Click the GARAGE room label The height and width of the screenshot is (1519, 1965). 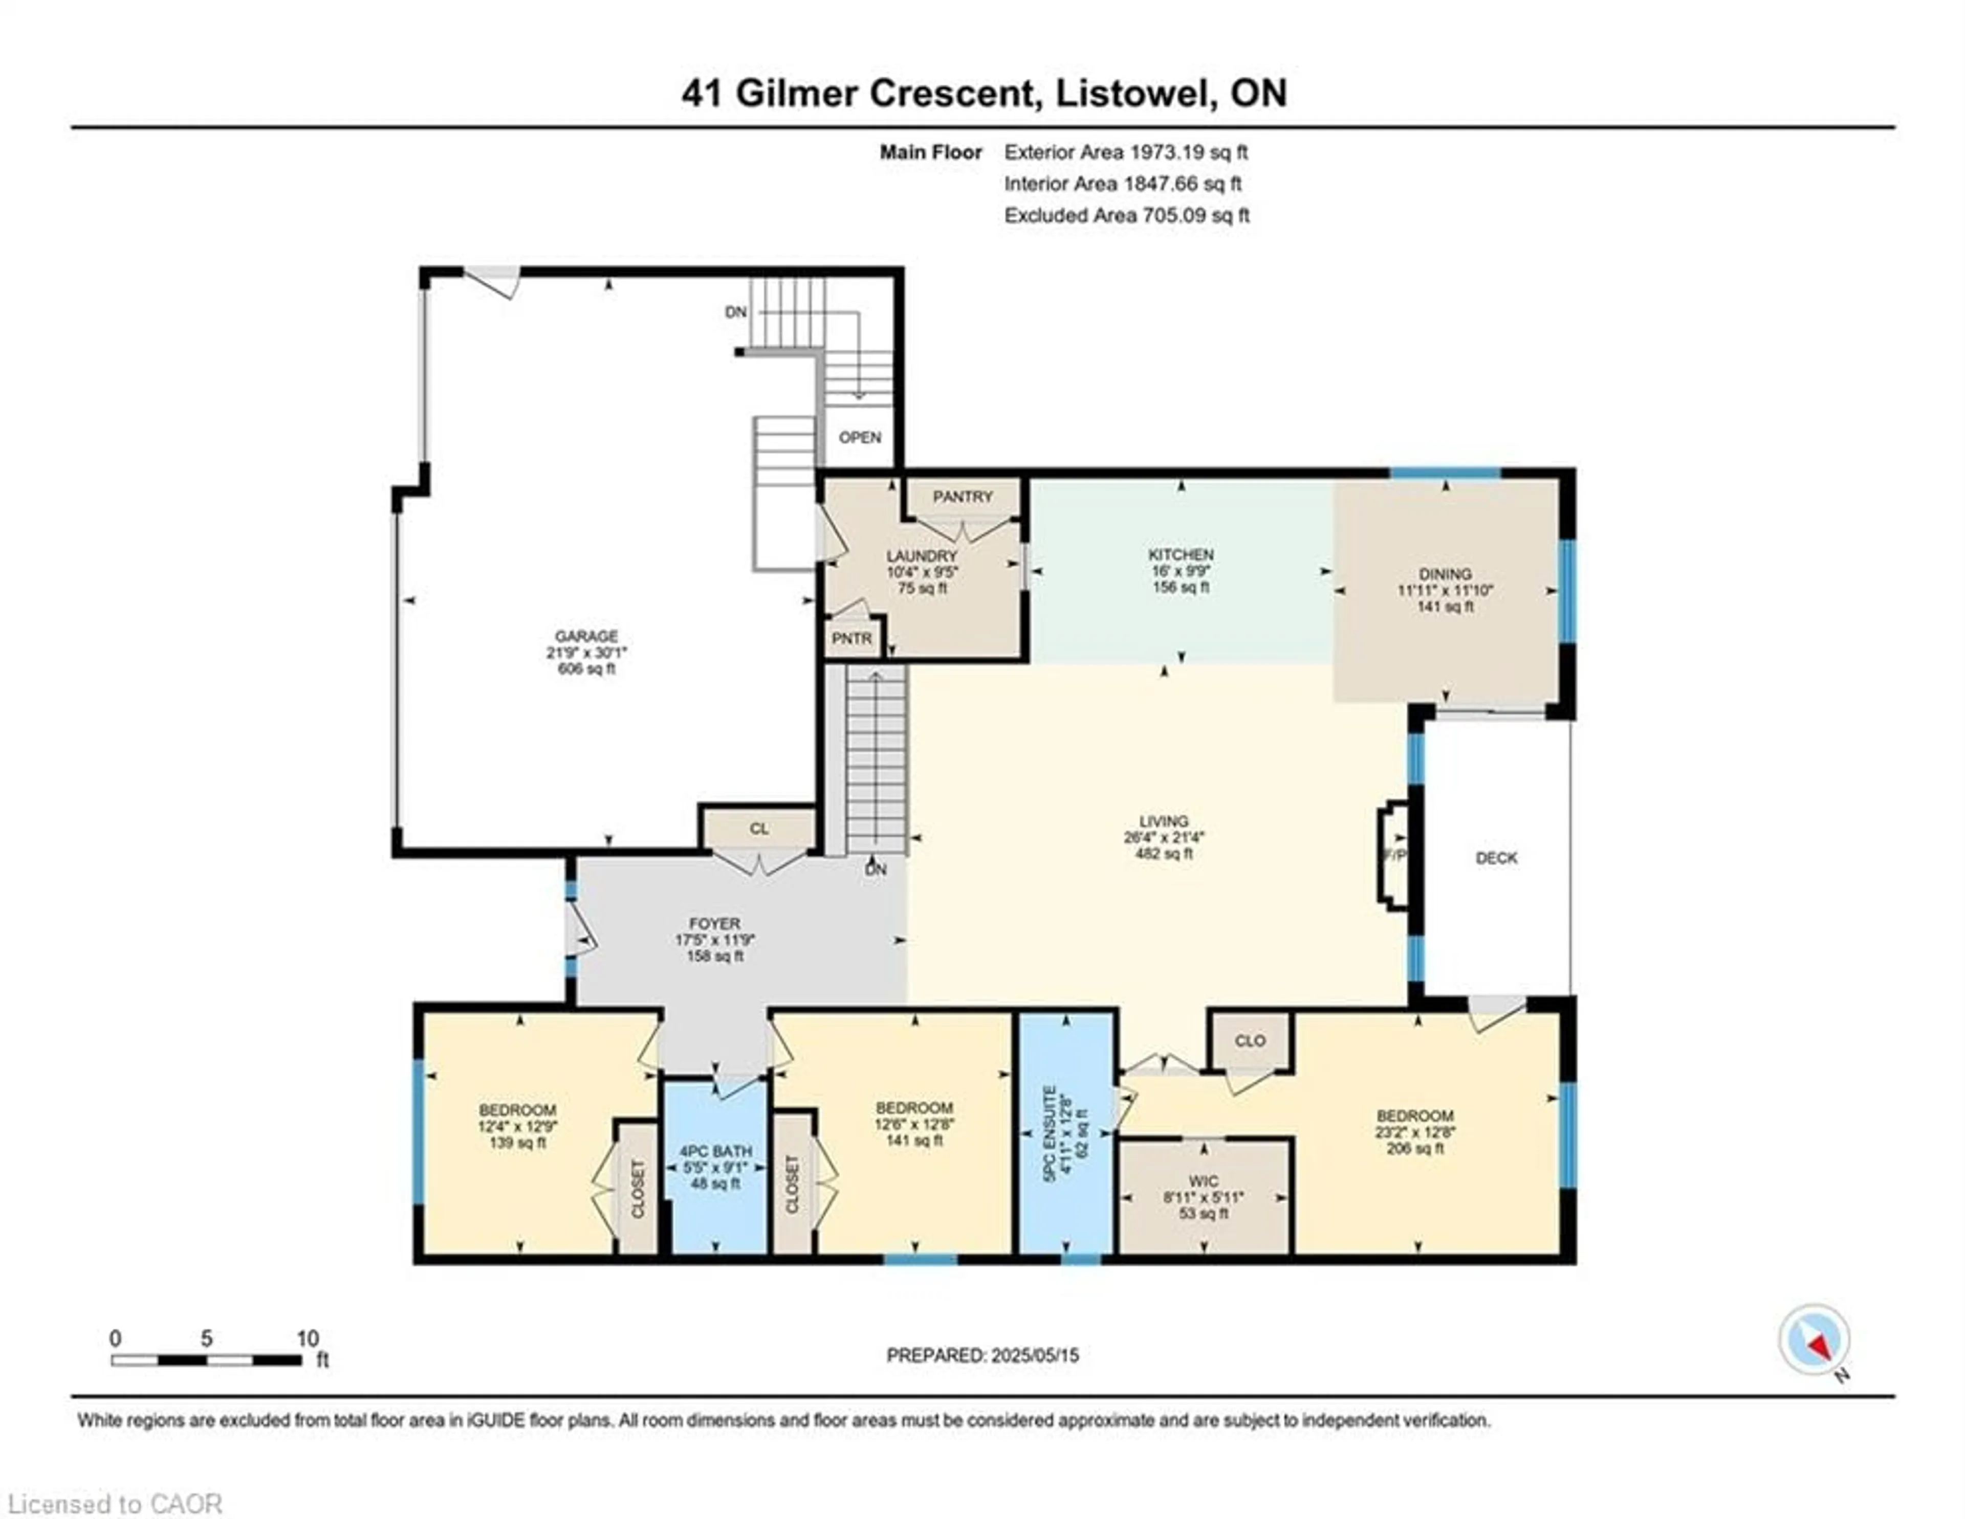[x=586, y=636]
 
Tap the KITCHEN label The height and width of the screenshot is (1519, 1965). [x=1181, y=555]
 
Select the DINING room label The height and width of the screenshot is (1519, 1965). [x=1445, y=574]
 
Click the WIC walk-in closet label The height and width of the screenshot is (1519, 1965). [x=1203, y=1181]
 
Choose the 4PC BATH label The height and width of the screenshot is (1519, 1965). [x=715, y=1151]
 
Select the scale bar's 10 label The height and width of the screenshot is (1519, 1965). [x=308, y=1338]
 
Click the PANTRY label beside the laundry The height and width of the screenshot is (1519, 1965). [x=962, y=497]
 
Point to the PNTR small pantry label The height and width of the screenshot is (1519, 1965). [x=851, y=638]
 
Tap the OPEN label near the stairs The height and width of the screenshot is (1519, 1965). [x=859, y=437]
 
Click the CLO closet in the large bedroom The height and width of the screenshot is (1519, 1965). [x=1250, y=1041]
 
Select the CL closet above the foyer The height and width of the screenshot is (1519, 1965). [x=758, y=829]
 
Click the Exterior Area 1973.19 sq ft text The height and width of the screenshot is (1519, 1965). [x=1126, y=152]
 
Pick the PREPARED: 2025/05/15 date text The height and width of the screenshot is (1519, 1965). [x=982, y=1354]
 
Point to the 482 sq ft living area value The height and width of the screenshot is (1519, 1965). [x=1163, y=854]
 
